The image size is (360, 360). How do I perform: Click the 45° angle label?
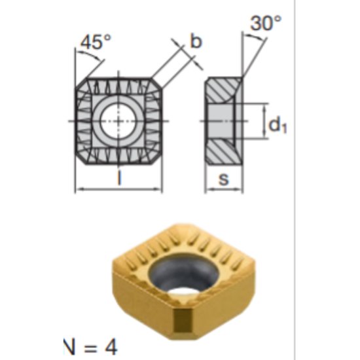(96, 43)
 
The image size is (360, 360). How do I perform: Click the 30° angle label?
(266, 24)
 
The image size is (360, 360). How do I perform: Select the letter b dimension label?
(196, 41)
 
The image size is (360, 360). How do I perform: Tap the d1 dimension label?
(278, 125)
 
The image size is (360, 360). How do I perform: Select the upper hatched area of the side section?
(222, 88)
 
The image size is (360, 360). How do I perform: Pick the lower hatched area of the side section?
(222, 153)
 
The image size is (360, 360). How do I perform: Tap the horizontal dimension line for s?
(225, 190)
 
